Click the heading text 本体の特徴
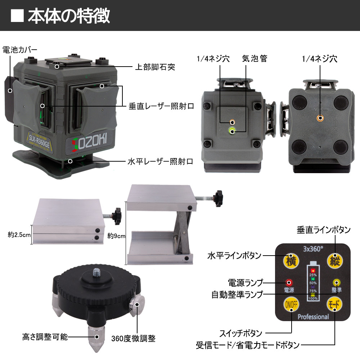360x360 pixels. click(x=69, y=16)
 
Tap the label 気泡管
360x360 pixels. click(x=255, y=59)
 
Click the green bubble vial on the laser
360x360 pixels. click(x=231, y=131)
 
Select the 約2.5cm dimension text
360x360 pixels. click(x=19, y=235)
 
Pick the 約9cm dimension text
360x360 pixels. click(x=116, y=236)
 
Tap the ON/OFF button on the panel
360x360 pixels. click(x=291, y=305)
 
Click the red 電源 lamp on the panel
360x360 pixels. click(x=289, y=282)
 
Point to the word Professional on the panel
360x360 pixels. click(x=313, y=317)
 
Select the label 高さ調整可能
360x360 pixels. click(x=44, y=337)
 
